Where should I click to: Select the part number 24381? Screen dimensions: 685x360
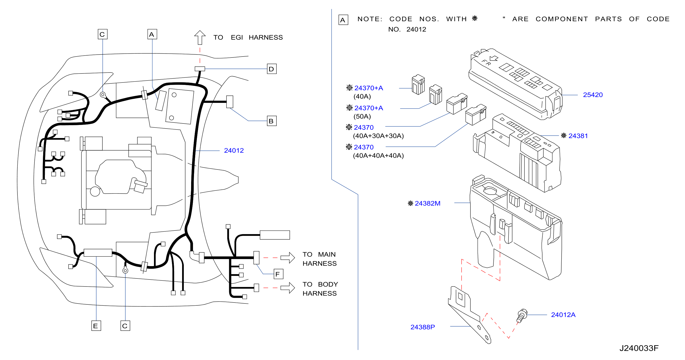pyautogui.click(x=578, y=136)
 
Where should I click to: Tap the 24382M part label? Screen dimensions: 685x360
pyautogui.click(x=427, y=203)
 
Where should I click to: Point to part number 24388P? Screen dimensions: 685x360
pyautogui.click(x=423, y=327)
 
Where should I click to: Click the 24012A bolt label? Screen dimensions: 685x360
pyautogui.click(x=563, y=315)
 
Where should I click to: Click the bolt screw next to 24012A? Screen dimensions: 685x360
pyautogui.click(x=522, y=316)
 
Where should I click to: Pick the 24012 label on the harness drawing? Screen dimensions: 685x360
pyautogui.click(x=234, y=151)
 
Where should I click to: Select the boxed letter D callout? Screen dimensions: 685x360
pyautogui.click(x=272, y=69)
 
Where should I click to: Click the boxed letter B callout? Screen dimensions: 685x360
pyautogui.click(x=272, y=121)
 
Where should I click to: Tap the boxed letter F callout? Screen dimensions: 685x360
pyautogui.click(x=278, y=274)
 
